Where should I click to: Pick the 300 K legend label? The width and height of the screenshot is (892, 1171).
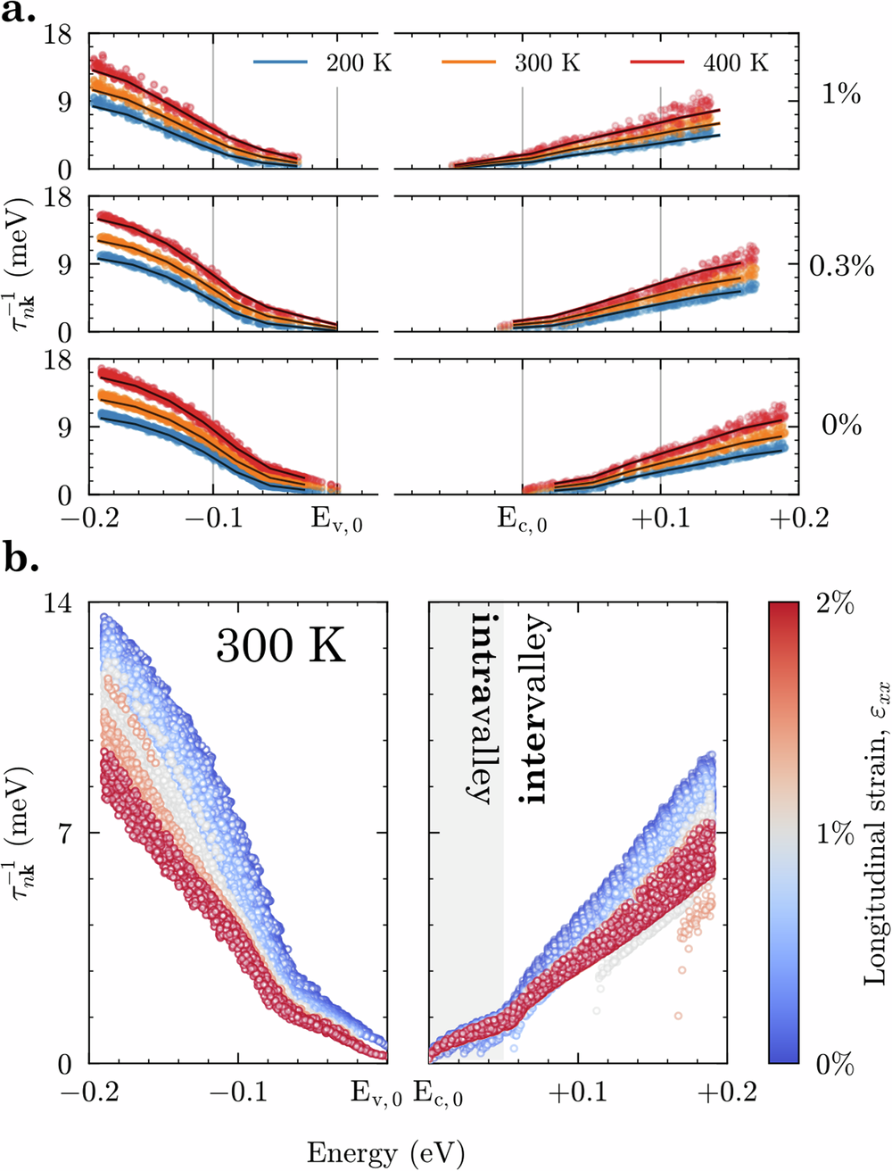click(547, 63)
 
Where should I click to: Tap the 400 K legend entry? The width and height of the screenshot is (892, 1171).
click(735, 63)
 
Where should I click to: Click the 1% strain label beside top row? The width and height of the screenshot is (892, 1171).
click(840, 95)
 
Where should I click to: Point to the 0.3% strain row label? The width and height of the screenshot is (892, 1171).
click(841, 265)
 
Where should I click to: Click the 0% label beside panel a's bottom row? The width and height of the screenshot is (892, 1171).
click(841, 425)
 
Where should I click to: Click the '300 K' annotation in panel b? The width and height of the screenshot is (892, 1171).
click(280, 644)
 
